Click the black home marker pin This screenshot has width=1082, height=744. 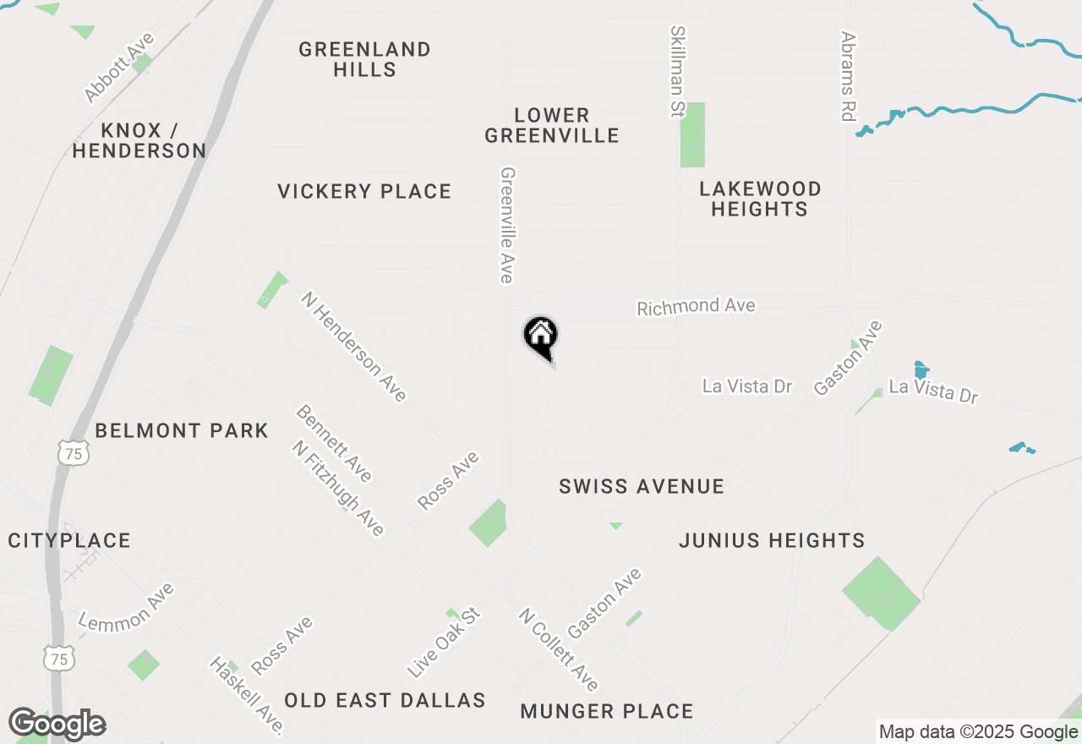point(541,336)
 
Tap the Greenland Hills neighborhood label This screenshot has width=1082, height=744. point(364,59)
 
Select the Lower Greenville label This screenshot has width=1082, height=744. point(552,125)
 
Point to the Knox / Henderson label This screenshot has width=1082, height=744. point(139,140)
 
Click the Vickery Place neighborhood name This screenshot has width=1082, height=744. point(364,192)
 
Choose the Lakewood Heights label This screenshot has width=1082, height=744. point(760,199)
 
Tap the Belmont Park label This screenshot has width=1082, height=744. point(182,431)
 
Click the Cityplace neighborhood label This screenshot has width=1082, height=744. point(69,541)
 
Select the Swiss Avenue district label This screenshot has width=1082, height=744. point(642,486)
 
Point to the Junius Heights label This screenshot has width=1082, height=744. point(772,540)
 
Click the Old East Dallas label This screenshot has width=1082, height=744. point(385,700)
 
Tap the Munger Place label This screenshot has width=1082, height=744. point(607,712)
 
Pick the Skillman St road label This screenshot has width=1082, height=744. point(677,72)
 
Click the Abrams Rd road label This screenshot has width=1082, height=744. point(848,76)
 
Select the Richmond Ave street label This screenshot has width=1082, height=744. point(696,306)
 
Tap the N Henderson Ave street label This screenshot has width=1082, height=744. point(354,346)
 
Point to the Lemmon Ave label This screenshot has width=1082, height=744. point(126,606)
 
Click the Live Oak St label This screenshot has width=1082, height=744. point(443,642)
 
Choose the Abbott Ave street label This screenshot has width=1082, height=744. point(119,67)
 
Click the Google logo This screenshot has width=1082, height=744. point(57,725)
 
